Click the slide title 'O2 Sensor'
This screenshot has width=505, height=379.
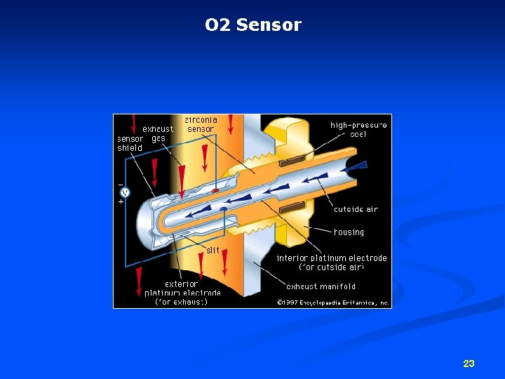point(252,25)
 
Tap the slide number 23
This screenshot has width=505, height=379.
point(469,364)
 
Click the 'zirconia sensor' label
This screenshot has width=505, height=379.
point(201,124)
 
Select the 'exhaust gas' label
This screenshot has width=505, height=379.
point(158,133)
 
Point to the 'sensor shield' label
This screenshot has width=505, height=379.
point(130,143)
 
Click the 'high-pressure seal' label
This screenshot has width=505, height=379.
point(358,130)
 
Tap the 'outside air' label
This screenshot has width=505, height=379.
point(356,209)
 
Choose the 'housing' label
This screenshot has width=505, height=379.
point(349,232)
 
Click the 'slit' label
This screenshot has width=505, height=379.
point(213,250)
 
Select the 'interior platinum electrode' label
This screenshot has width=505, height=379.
point(331,262)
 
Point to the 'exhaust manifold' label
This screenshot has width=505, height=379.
point(321,286)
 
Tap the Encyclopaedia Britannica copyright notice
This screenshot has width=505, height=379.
point(332,303)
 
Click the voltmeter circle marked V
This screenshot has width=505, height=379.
point(125,192)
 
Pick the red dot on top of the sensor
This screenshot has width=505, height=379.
point(215,190)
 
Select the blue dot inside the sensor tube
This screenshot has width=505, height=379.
point(223,209)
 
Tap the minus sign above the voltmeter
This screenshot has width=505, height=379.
point(121,183)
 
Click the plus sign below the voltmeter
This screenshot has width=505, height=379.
point(121,201)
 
